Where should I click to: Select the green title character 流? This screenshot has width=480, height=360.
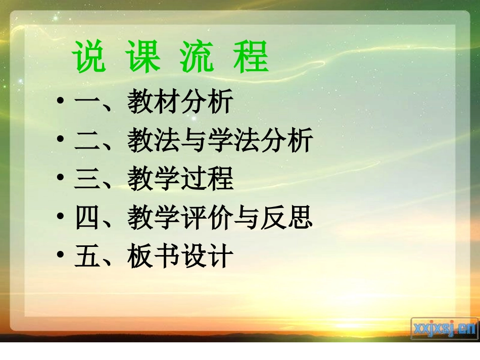197,57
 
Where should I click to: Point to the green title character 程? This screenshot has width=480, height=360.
251,57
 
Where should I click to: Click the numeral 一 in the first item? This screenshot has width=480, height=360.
87,103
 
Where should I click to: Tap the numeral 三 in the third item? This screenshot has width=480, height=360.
87,180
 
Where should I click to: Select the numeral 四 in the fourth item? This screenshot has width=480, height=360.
87,219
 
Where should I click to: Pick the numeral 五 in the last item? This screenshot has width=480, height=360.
87,257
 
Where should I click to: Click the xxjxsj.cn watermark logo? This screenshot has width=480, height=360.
444,328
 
